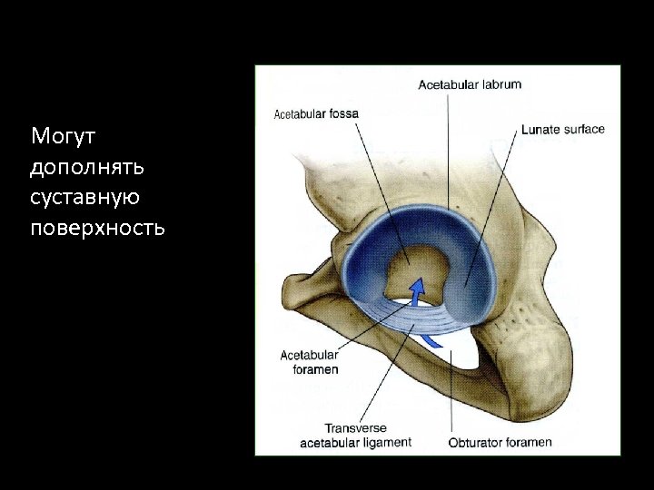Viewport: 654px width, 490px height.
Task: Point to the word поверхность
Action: (97, 227)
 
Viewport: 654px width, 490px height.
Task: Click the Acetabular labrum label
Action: (469, 85)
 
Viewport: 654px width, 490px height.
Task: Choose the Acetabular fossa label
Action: (316, 114)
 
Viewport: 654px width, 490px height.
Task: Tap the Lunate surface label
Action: (563, 130)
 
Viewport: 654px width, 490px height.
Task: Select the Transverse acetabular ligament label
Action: (355, 435)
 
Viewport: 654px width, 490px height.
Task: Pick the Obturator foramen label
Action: (500, 443)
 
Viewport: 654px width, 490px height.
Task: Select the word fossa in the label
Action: (343, 114)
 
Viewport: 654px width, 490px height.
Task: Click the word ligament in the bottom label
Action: (388, 442)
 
